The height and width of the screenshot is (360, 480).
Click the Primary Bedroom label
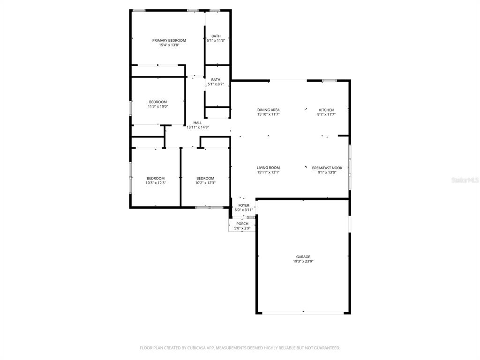169,40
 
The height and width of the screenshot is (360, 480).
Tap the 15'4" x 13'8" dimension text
169,45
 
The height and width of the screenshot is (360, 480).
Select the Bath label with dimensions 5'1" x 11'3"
216,36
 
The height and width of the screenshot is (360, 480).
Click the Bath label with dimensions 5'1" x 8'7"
216,80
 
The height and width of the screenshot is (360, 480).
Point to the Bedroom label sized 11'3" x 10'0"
157,102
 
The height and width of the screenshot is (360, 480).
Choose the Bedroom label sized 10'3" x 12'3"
156,178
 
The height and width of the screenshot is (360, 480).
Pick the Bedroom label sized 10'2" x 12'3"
205,178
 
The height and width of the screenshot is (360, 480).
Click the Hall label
198,122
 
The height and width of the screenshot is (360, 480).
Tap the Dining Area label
268,110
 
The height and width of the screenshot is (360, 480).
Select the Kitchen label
326,110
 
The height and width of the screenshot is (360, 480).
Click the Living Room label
268,168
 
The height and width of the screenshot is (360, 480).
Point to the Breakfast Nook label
327,168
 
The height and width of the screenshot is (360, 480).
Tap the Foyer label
244,205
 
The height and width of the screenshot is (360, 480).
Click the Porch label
242,224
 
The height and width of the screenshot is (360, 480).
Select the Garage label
303,257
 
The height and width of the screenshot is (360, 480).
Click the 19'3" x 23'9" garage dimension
303,262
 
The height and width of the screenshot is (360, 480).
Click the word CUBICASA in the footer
207,348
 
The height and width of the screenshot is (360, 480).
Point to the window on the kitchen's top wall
329,81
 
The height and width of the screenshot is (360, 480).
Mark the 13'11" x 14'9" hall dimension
198,127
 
